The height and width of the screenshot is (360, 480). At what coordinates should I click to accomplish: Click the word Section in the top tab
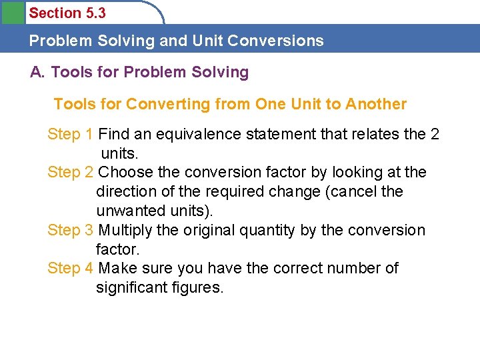coord(55,13)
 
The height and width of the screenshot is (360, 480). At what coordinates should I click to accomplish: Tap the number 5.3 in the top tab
coord(94,13)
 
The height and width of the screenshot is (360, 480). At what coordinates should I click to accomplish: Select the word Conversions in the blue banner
coord(275,41)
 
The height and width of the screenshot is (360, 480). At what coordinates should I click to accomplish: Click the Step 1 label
coord(70,135)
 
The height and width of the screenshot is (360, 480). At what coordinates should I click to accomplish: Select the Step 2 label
coord(70,173)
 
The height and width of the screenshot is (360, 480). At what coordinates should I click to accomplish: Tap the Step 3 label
coord(70,231)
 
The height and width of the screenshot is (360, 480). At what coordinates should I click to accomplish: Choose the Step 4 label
coord(70,269)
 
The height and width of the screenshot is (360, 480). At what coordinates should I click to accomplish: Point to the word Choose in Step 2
coord(125,173)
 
